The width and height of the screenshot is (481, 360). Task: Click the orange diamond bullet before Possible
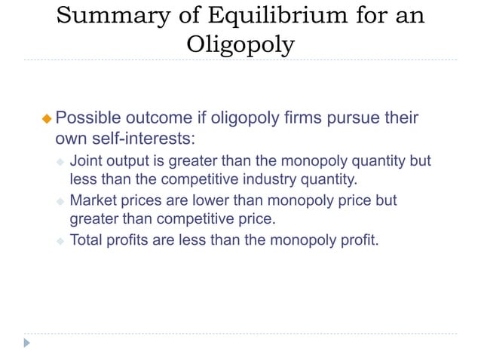click(47, 119)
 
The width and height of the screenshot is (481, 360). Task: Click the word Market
click(93, 202)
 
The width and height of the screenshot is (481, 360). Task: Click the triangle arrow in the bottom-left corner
click(27, 343)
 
